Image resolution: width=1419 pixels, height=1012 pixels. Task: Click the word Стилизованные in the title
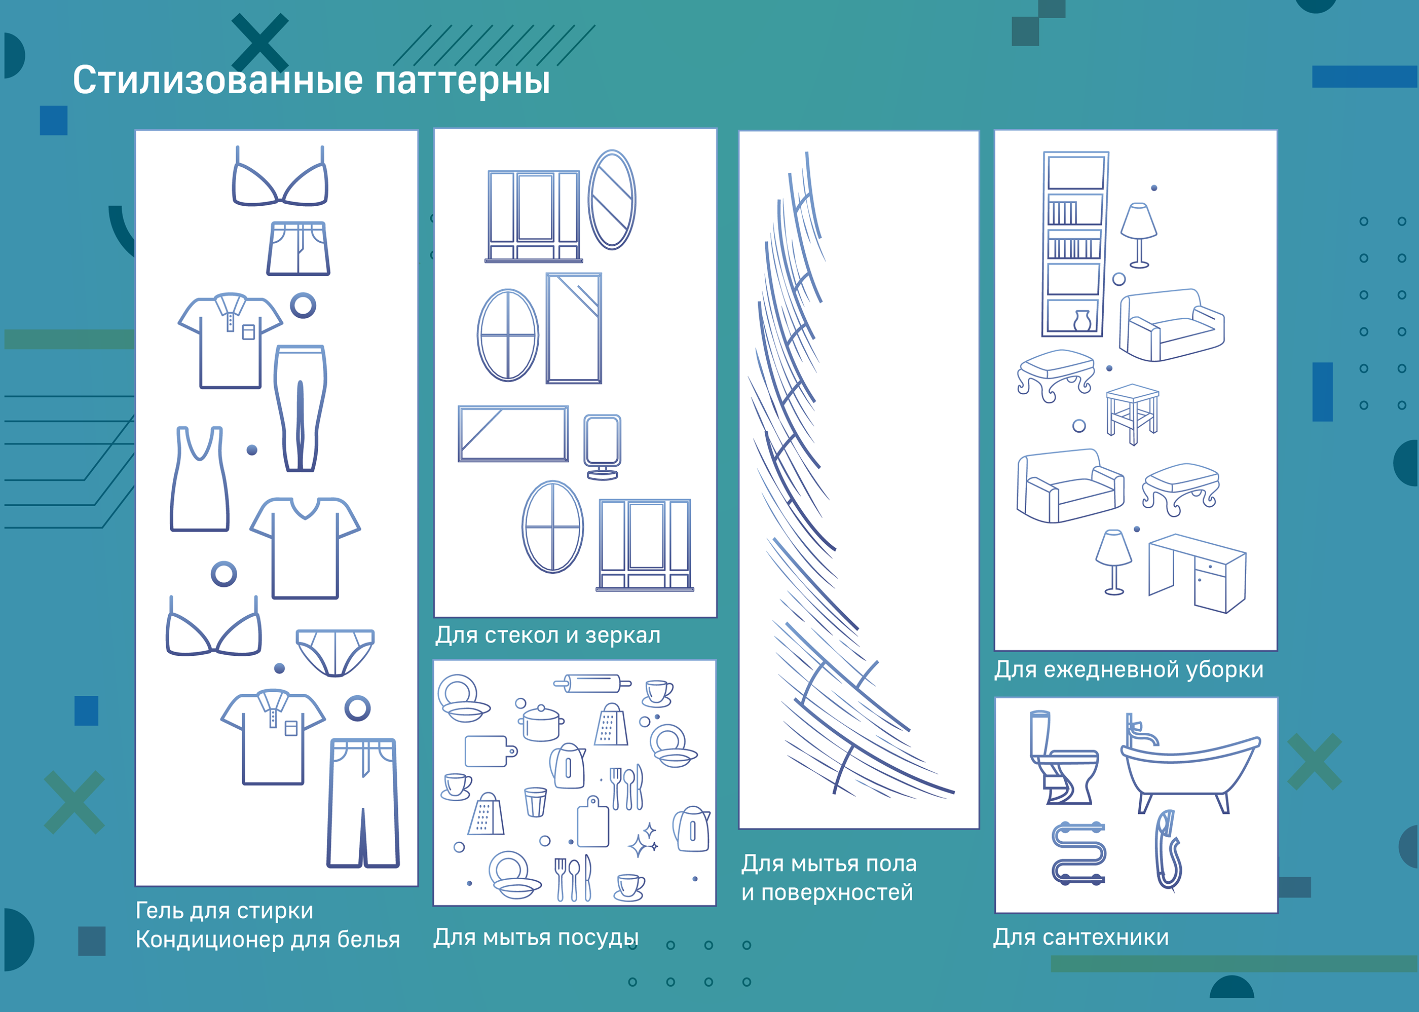[x=217, y=81]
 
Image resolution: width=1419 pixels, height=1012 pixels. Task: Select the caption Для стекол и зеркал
[x=548, y=635]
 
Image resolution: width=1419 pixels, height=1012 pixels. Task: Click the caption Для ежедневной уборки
[x=1129, y=670]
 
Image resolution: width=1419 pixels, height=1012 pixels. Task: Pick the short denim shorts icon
[x=298, y=248]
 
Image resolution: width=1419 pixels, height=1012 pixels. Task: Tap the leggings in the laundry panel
[x=301, y=408]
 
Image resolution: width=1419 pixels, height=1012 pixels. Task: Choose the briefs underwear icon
[x=335, y=652]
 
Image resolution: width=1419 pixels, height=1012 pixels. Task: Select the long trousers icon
[x=363, y=803]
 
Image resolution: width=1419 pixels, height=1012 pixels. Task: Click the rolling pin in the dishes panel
[x=592, y=684]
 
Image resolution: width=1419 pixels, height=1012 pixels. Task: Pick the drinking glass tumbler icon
[x=535, y=802]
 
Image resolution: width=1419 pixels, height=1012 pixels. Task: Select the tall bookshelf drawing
[x=1075, y=244]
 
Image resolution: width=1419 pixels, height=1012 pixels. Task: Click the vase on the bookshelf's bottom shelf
[x=1082, y=320]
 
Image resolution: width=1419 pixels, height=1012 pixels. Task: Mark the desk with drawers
[x=1197, y=573]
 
